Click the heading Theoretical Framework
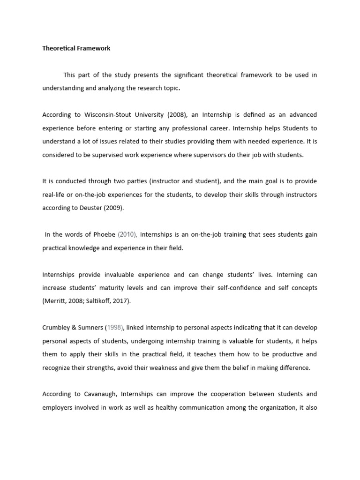(76, 48)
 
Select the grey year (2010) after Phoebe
(127, 234)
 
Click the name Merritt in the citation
(56, 301)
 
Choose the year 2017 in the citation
(121, 301)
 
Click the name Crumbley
(57, 328)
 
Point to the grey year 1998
(116, 328)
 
